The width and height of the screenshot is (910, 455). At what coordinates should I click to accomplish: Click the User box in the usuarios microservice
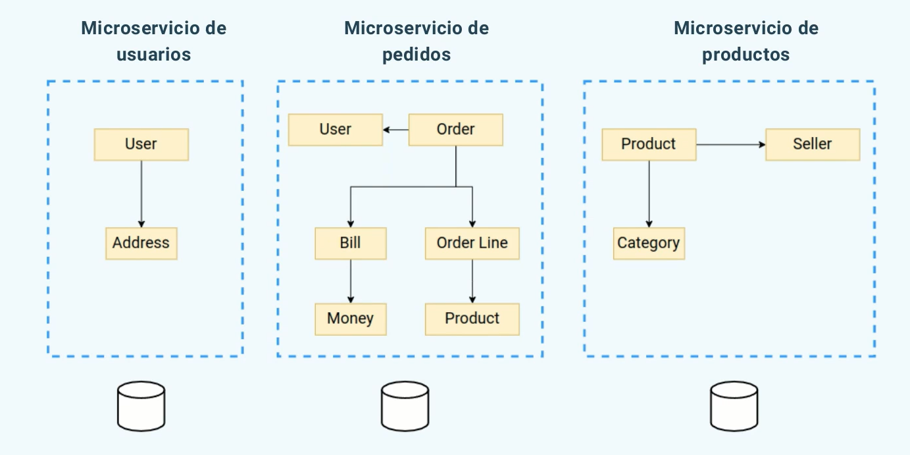(x=141, y=144)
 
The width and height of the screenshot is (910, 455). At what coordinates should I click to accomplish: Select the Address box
(x=141, y=243)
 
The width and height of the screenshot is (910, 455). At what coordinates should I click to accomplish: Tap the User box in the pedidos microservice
(x=335, y=130)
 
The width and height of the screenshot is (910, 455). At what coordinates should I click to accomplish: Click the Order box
(x=455, y=130)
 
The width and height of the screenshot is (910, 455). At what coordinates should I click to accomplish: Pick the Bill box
(x=350, y=243)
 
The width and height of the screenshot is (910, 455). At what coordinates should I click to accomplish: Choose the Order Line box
(x=472, y=243)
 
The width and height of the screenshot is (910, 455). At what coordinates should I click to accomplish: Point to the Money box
(x=350, y=319)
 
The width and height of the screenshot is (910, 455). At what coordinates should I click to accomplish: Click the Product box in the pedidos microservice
(x=472, y=319)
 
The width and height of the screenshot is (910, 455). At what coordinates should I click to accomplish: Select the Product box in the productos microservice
(x=648, y=144)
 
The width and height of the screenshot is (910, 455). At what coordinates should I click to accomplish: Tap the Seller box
(x=812, y=144)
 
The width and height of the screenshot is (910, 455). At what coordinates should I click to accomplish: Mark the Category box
(x=648, y=243)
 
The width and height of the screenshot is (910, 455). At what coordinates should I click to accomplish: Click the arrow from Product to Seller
(x=730, y=144)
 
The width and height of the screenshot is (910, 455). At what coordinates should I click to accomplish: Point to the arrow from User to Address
(x=141, y=194)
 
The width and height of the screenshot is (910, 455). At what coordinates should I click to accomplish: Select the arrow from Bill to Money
(x=350, y=281)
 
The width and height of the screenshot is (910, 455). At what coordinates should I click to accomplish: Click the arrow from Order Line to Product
(x=472, y=281)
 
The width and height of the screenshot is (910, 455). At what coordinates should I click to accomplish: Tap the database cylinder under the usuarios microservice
(x=141, y=405)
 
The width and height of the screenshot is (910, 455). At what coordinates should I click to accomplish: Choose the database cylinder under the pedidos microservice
(x=405, y=405)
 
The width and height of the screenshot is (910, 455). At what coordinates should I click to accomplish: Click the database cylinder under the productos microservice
(x=734, y=405)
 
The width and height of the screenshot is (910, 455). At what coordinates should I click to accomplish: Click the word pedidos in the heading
(x=416, y=54)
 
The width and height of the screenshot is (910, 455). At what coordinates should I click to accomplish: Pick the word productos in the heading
(x=746, y=54)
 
